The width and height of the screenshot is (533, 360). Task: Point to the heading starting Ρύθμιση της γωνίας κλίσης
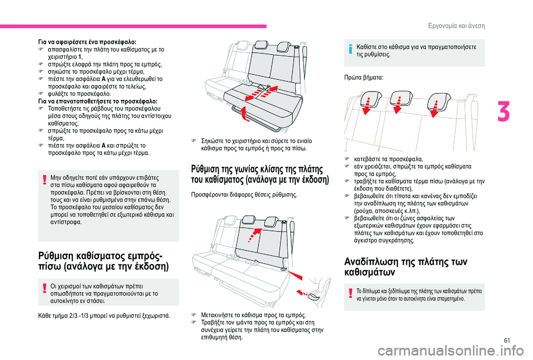coord(260,174)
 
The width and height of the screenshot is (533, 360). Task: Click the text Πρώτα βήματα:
coord(361,79)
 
